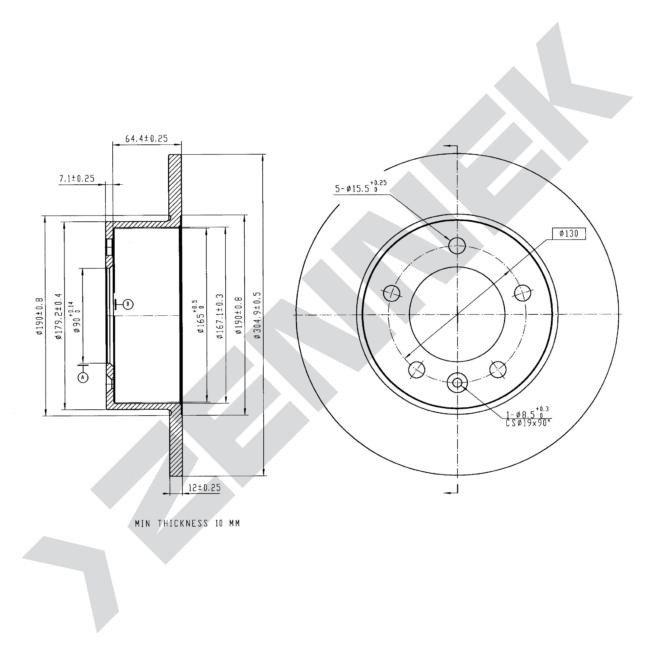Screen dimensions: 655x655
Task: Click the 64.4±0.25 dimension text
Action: [146, 138]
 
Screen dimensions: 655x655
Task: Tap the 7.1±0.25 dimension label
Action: [77, 178]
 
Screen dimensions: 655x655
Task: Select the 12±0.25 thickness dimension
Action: [204, 488]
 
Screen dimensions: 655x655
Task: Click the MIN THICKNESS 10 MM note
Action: [187, 523]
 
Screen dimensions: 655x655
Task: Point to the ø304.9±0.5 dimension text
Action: [257, 315]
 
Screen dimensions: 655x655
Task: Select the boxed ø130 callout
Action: [569, 233]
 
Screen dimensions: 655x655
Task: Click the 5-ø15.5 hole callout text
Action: [361, 187]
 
